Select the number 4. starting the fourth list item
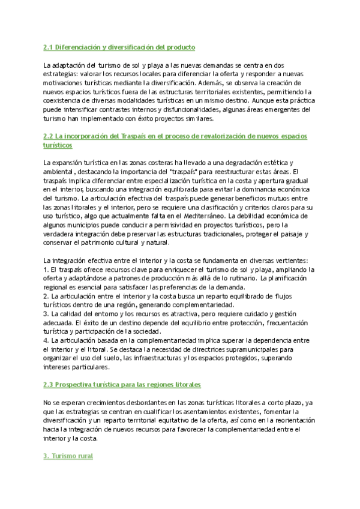click(x=47, y=341)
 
